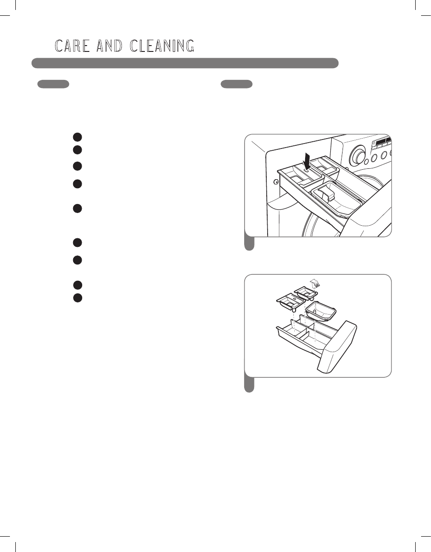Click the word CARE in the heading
[x=72, y=46]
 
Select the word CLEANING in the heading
[x=162, y=46]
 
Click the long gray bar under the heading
[x=185, y=63]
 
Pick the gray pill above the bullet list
[x=53, y=84]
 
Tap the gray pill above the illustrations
[x=236, y=84]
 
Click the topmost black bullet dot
[x=78, y=137]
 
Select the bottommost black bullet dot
[x=78, y=298]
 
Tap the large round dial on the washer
[x=357, y=156]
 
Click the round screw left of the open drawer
[x=276, y=181]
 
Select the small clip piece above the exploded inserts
[x=315, y=283]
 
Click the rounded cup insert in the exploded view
[x=321, y=311]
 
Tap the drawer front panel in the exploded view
[x=337, y=347]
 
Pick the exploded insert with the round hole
[x=291, y=302]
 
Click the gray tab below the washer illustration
[x=249, y=243]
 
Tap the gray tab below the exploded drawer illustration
[x=249, y=385]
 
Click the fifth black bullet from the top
[x=78, y=209]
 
